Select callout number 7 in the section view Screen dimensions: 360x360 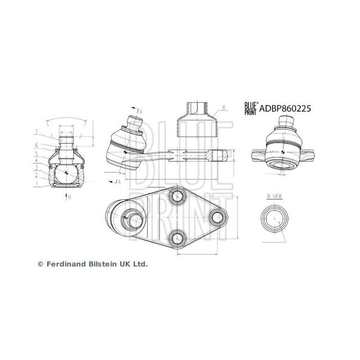coord(37,132)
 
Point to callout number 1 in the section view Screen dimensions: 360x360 coord(37,184)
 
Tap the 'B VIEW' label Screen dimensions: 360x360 coord(274,197)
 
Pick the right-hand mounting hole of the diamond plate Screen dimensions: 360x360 coord(216,217)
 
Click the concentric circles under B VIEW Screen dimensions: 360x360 coord(274,218)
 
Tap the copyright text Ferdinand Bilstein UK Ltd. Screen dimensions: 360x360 coord(93,263)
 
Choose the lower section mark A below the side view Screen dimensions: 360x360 coord(118,181)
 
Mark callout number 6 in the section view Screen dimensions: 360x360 coord(37,145)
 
